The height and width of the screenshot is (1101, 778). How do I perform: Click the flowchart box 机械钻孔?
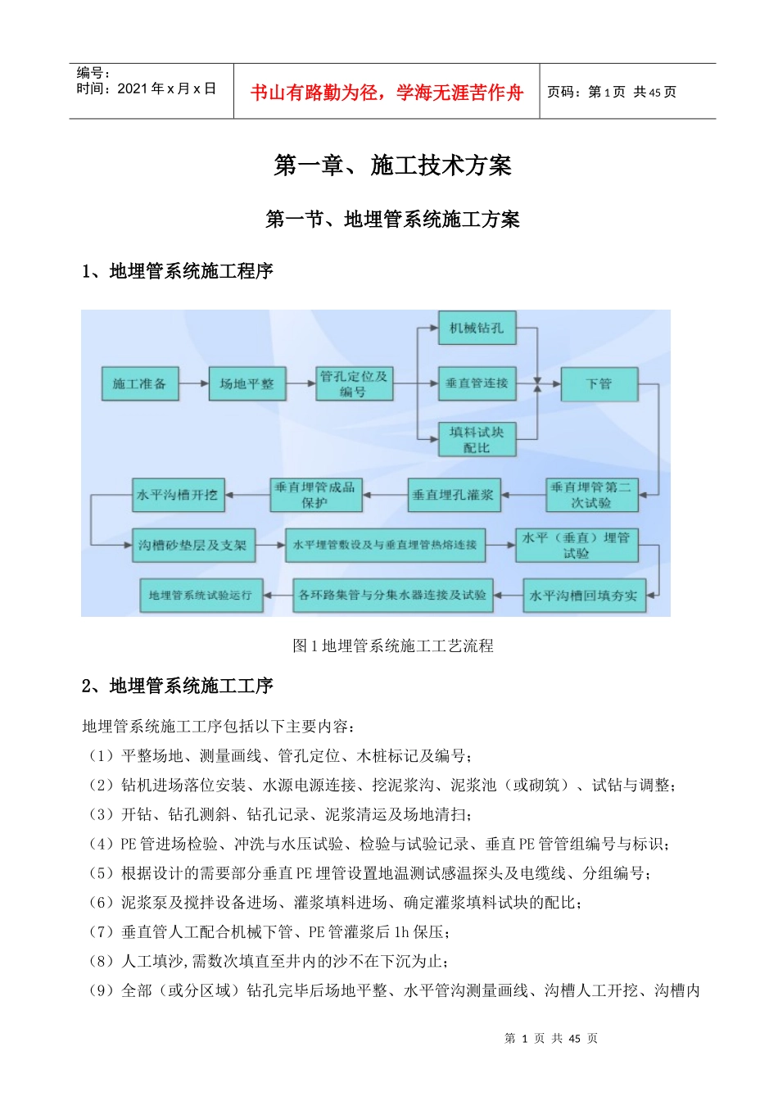click(x=477, y=328)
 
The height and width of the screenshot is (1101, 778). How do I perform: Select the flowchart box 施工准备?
click(x=139, y=383)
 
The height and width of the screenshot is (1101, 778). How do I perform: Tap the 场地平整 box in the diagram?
click(x=247, y=383)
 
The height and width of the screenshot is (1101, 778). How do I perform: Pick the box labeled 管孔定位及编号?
click(x=354, y=383)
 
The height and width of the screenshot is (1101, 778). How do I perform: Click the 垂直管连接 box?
click(x=477, y=383)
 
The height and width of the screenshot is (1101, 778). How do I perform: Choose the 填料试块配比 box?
click(x=477, y=439)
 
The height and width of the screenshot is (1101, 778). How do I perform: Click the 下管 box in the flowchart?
click(x=599, y=383)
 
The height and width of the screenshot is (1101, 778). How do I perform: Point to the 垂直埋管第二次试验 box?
click(x=591, y=495)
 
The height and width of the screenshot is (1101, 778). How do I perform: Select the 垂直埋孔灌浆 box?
click(x=453, y=495)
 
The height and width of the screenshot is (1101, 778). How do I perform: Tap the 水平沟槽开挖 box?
click(x=178, y=495)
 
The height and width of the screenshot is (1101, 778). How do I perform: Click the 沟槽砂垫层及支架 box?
click(x=193, y=545)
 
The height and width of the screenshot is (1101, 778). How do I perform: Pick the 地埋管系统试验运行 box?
click(x=201, y=596)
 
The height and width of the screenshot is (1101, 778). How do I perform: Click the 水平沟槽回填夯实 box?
click(x=584, y=596)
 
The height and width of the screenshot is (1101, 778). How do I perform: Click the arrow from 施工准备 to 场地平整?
click(x=193, y=383)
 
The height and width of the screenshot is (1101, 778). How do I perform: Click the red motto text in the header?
click(x=386, y=93)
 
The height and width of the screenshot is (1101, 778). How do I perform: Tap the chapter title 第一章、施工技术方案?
click(x=392, y=165)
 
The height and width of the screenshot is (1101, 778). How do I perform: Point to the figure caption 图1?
click(x=392, y=646)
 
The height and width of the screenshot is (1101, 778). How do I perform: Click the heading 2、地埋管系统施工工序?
click(x=177, y=686)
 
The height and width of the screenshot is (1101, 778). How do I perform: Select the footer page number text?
click(x=550, y=1038)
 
